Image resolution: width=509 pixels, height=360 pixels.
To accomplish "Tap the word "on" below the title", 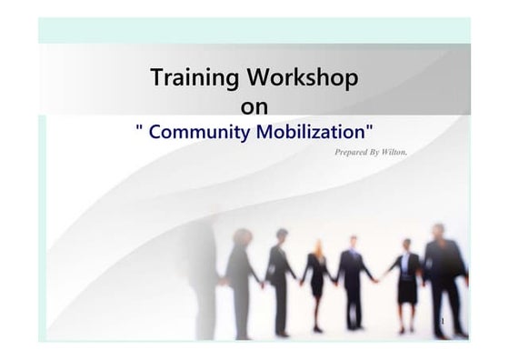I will tap(254, 106).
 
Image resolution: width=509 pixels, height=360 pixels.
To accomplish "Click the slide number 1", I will tap(443, 323).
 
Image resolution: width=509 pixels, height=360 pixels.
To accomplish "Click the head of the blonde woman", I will tap(319, 246).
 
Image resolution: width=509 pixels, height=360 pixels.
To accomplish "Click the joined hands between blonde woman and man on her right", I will tap(334, 281).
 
